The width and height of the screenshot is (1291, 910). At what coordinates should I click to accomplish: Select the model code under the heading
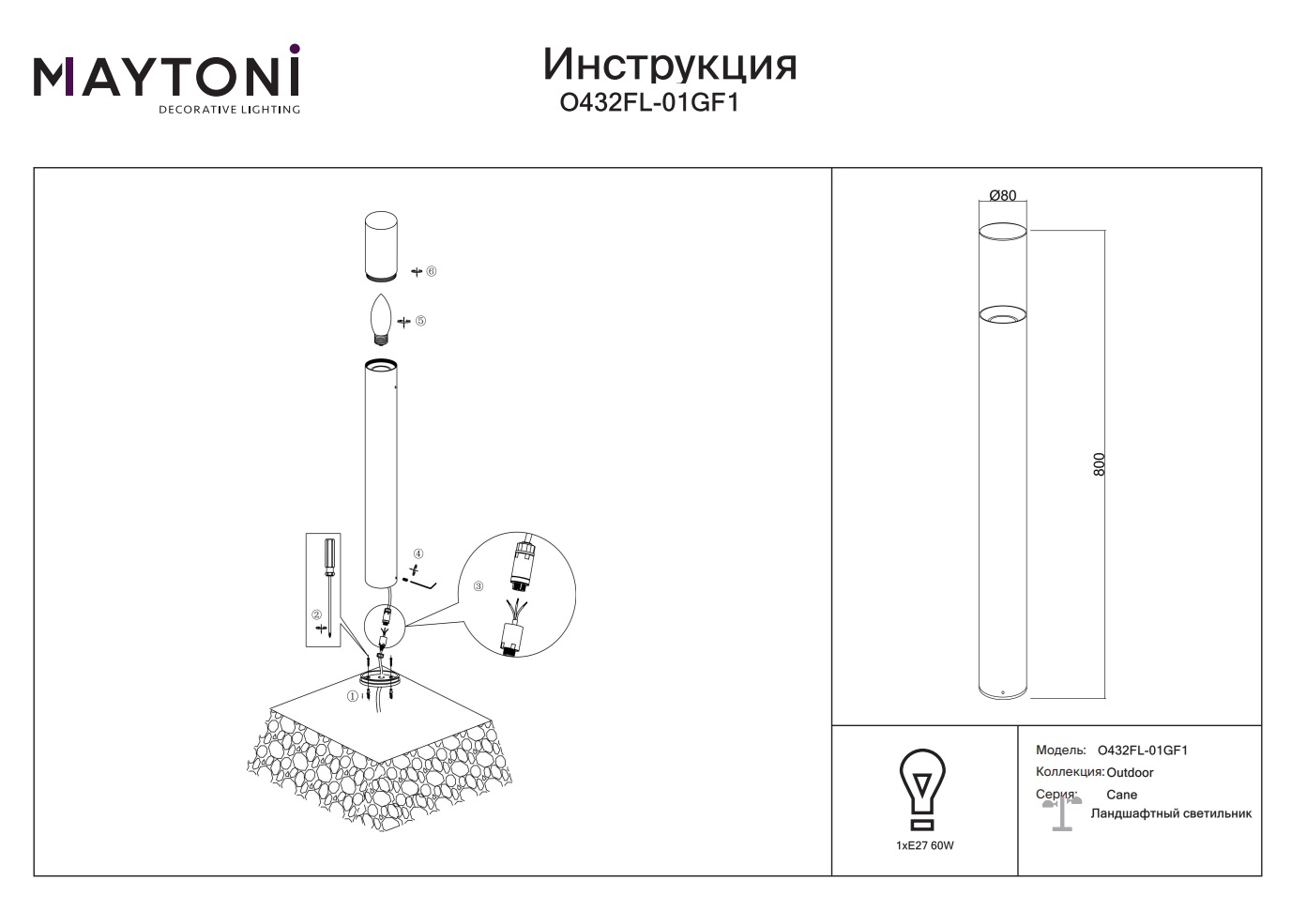click(649, 103)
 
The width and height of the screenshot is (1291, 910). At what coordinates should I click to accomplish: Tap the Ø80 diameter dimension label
click(1003, 196)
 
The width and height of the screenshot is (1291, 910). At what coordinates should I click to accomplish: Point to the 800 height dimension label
click(1099, 464)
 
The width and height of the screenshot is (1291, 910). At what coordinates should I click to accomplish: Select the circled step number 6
click(431, 271)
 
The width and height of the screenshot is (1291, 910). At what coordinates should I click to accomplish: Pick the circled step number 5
click(420, 321)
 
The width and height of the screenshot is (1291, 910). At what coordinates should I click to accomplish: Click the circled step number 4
click(418, 554)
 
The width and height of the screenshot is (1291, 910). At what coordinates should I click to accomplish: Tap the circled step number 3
click(478, 586)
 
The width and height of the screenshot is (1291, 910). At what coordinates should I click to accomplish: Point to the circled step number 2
click(316, 615)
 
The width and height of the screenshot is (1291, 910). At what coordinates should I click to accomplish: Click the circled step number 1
click(352, 696)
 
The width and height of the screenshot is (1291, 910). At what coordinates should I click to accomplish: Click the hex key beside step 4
click(422, 585)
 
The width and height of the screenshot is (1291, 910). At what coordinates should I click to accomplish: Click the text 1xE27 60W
click(924, 845)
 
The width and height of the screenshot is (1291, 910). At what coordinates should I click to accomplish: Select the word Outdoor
click(1130, 772)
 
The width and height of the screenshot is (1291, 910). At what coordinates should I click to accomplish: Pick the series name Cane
click(1121, 795)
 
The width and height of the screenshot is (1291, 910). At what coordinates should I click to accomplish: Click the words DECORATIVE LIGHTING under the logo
click(229, 110)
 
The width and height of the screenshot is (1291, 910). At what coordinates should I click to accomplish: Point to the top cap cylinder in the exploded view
click(381, 247)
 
